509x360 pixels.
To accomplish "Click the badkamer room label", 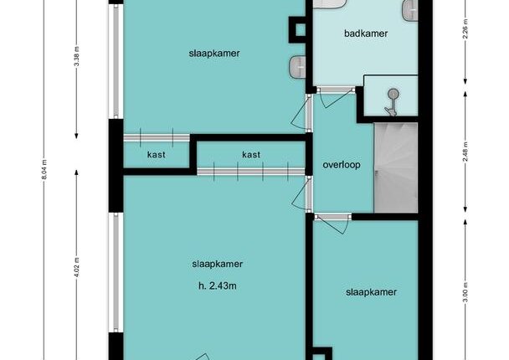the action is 366,33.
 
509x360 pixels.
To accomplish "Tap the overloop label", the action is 342,165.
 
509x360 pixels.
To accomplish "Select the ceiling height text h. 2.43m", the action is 217,286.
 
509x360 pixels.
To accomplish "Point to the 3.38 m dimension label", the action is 77,56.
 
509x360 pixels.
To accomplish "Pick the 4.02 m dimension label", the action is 77,267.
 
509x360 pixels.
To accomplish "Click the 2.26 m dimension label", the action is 465,28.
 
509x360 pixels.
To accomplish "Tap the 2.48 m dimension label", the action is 465,152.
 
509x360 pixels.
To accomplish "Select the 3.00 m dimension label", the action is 465,292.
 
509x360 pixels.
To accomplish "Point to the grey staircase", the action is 396,167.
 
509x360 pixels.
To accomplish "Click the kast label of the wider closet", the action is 251,155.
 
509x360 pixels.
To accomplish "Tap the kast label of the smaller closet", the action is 157,155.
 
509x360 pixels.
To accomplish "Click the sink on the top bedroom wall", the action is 298,67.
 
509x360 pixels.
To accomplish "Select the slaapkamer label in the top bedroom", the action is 214,54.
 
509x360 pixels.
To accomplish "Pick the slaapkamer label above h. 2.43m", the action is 217,264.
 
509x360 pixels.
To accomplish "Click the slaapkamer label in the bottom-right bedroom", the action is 371,292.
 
